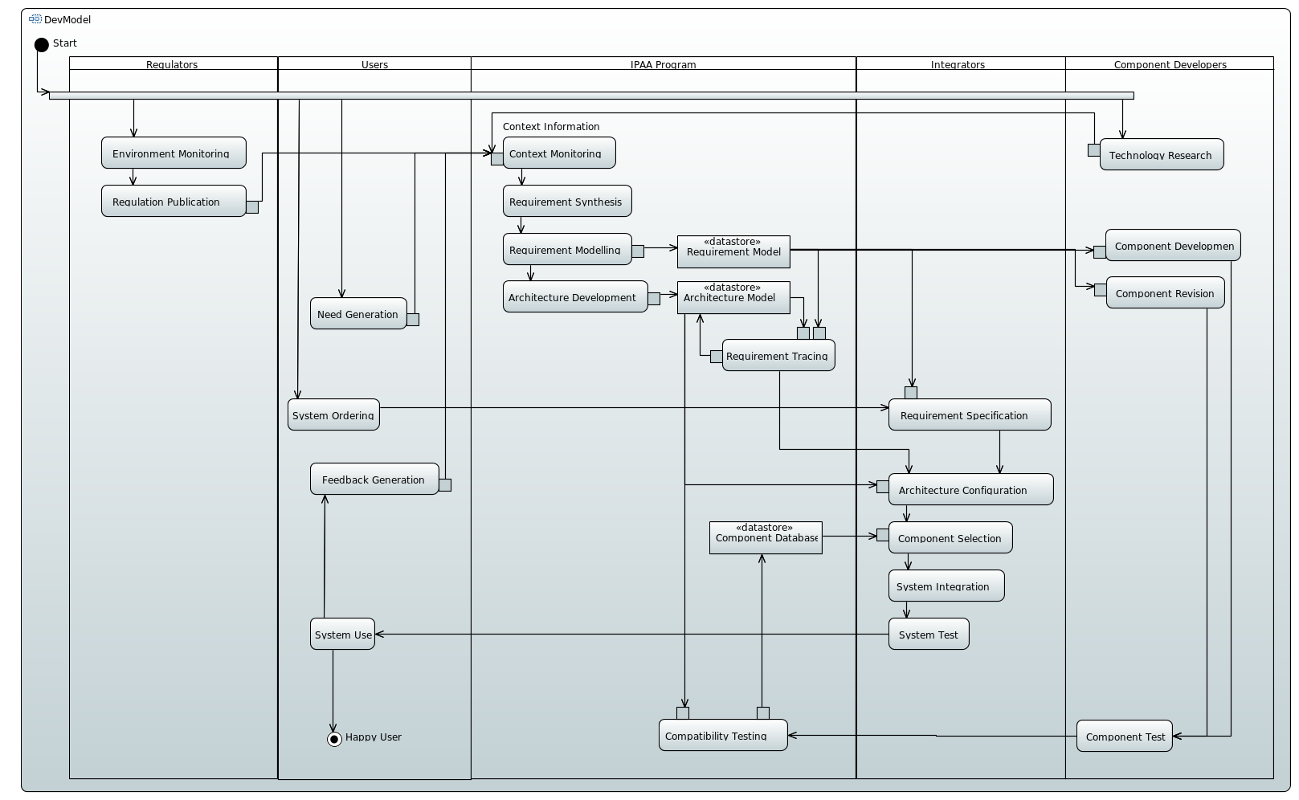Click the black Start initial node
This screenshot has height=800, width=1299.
42,44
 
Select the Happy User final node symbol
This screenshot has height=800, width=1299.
334,739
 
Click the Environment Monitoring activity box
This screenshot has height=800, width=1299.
174,153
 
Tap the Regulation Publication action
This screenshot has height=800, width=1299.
174,201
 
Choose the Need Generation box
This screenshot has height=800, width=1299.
358,313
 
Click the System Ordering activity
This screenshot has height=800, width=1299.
333,414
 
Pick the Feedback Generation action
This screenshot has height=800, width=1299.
374,479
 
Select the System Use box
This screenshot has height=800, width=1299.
342,634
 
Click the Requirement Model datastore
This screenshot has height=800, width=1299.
733,251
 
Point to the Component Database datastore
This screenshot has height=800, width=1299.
766,538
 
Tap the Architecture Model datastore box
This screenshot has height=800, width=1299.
733,297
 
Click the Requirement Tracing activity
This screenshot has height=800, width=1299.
778,355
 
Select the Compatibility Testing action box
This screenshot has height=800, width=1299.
723,735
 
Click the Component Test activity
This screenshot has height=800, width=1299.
1124,736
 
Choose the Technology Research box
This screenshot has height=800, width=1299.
1161,154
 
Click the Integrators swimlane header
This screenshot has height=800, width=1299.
958,64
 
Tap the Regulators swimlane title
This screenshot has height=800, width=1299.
172,64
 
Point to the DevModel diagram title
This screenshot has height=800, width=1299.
67,19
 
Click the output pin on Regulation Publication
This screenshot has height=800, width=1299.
252,207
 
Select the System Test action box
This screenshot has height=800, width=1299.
929,634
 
